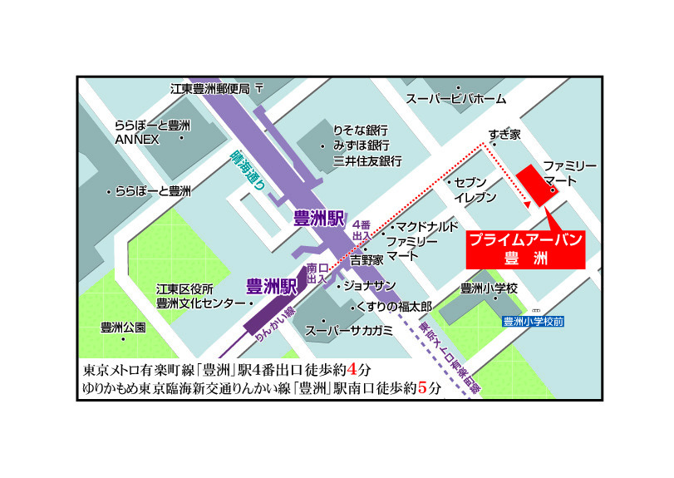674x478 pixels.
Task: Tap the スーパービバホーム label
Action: coord(455,99)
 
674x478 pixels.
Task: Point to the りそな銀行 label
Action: coord(360,131)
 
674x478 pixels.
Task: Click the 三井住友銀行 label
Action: coord(367,161)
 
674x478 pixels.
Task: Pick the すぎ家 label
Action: coord(504,134)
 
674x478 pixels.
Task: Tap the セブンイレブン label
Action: coord(475,190)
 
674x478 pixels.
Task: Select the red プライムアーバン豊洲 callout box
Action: coord(524,249)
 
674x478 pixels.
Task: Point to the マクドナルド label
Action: coord(426,227)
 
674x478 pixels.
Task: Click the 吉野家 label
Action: coord(367,259)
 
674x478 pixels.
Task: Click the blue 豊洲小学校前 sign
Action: coord(534,321)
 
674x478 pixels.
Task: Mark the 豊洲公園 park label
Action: coord(123,327)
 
